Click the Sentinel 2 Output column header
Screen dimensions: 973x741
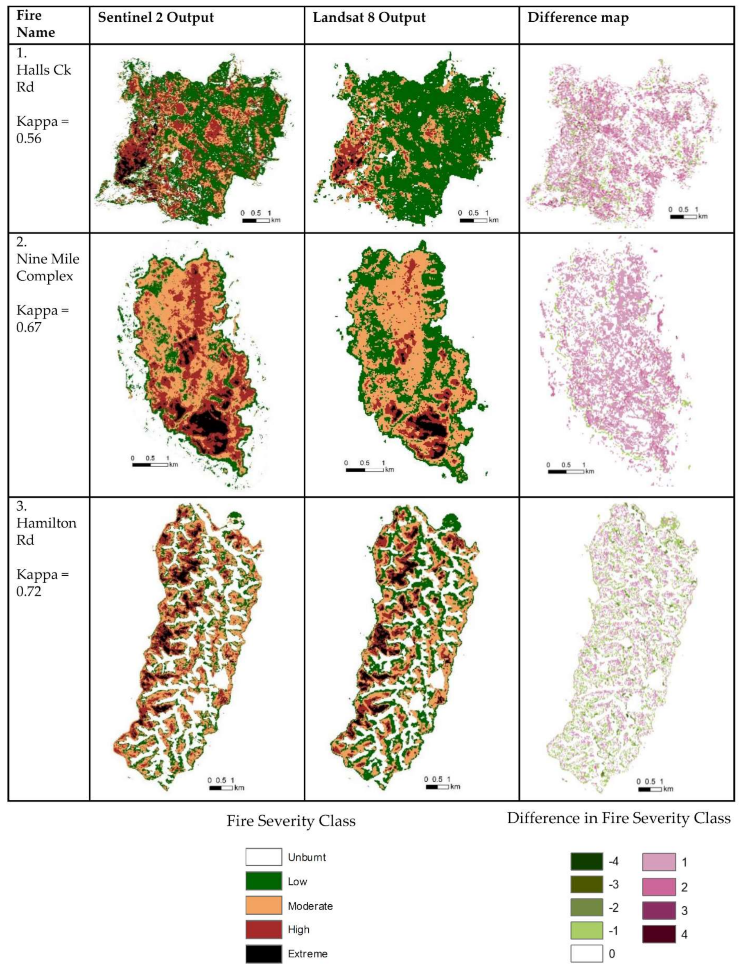pyautogui.click(x=156, y=18)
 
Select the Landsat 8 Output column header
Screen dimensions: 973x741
pyautogui.click(x=369, y=18)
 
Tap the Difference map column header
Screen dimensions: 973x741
pyautogui.click(x=578, y=18)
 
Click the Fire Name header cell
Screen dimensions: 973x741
pyautogui.click(x=35, y=24)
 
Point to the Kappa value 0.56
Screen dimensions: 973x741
pyautogui.click(x=29, y=138)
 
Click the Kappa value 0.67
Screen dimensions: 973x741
pyautogui.click(x=29, y=327)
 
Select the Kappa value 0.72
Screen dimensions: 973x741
pyautogui.click(x=29, y=591)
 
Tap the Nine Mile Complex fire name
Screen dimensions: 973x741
pyautogui.click(x=47, y=267)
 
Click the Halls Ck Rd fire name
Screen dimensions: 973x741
pyautogui.click(x=43, y=78)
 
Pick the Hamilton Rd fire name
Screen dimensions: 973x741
pyautogui.click(x=46, y=531)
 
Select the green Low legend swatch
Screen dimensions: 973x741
pyautogui.click(x=264, y=881)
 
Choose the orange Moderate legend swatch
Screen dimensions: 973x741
pyautogui.click(x=264, y=905)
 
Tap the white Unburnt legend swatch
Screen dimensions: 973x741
pyautogui.click(x=264, y=857)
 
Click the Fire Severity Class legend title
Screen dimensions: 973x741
pyautogui.click(x=291, y=821)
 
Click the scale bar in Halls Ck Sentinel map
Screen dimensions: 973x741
pyautogui.click(x=256, y=220)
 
